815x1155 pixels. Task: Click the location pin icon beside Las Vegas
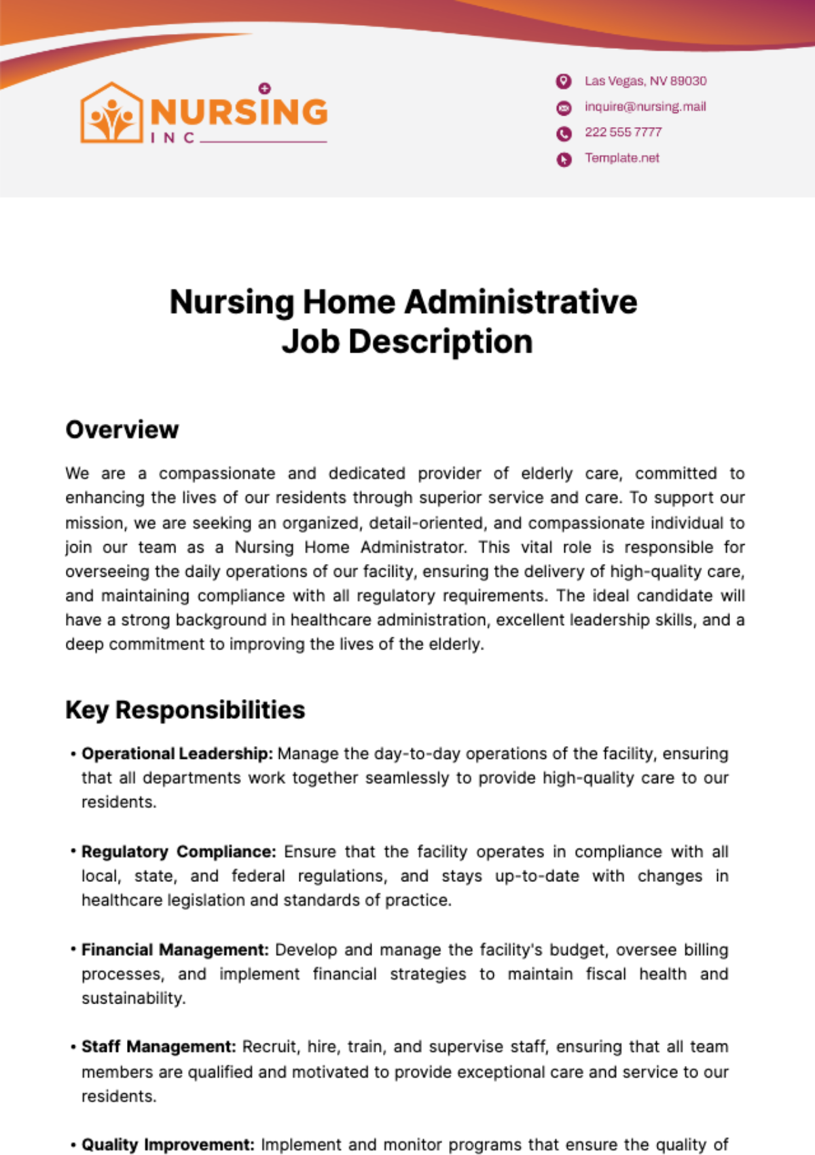coord(564,82)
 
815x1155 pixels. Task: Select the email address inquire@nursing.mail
coord(645,107)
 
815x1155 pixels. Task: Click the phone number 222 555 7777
coord(623,132)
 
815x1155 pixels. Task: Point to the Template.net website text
coord(622,158)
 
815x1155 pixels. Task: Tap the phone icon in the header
coord(564,133)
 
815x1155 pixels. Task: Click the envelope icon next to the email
coord(564,107)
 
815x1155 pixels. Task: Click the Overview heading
coord(122,430)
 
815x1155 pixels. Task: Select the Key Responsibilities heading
coord(185,710)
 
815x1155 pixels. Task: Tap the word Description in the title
coord(440,342)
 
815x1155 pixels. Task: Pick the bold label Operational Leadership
coord(177,753)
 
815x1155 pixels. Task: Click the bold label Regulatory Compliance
coord(179,851)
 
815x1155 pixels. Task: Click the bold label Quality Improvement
coord(168,1145)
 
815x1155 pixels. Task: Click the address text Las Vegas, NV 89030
coord(645,81)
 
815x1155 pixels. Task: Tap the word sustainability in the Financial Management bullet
coord(133,999)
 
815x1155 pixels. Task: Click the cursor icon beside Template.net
coord(564,160)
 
